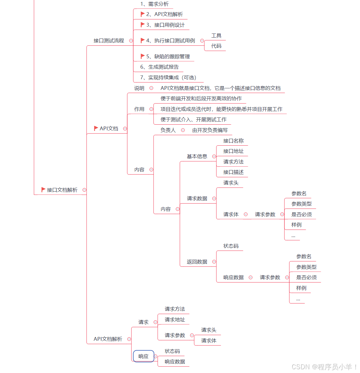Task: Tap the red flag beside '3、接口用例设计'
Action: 143,25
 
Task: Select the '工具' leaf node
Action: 216,36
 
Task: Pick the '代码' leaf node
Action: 216,46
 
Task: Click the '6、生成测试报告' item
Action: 159,67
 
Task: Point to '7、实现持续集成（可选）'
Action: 168,78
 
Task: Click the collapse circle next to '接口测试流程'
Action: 131,41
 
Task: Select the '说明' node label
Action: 139,88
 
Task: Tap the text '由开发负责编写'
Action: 210,130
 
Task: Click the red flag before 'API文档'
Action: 96,128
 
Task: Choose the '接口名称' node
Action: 233,141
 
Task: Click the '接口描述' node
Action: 233,172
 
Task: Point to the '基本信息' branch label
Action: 197,157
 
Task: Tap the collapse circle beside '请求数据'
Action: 214,199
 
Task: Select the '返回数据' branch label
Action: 197,262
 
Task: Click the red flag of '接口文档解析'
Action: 43,190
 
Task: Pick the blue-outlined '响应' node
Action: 143,356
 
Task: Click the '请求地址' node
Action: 175,320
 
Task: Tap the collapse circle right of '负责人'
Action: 183,130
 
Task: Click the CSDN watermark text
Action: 325,367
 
